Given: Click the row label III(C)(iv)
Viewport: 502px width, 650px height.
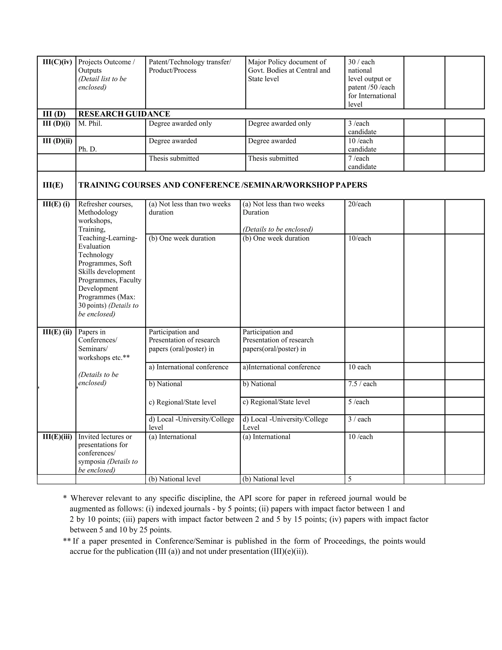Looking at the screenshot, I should [x=57, y=62].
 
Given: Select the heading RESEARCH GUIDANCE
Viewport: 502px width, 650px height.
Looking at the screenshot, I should [x=124, y=114].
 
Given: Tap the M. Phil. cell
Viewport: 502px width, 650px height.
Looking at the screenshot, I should [x=90, y=124].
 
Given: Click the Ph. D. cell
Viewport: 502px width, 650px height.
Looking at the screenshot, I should [x=88, y=149].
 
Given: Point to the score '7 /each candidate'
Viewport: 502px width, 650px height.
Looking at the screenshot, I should [x=362, y=162].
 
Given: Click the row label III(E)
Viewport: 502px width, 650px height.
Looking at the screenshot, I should [x=53, y=185].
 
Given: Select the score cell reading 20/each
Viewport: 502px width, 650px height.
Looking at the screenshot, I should [x=359, y=204].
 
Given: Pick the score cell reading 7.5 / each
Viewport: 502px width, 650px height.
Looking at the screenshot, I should [x=362, y=384].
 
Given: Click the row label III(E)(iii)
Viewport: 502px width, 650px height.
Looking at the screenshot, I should [x=57, y=437].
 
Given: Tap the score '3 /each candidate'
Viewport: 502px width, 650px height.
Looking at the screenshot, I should [x=362, y=128].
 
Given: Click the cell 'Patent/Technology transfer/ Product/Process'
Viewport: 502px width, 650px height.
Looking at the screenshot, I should [x=189, y=66].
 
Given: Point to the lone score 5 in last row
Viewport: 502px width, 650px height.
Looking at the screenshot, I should [x=350, y=479].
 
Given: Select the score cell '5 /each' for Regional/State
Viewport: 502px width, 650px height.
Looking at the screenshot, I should [x=358, y=402].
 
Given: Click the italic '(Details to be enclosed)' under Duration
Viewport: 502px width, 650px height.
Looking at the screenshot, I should [x=277, y=229].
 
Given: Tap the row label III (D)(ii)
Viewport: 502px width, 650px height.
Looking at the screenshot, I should [x=57, y=141].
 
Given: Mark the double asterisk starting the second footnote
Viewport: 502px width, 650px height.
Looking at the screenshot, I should [x=67, y=541].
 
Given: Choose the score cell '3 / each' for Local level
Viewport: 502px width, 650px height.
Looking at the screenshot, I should [x=359, y=419].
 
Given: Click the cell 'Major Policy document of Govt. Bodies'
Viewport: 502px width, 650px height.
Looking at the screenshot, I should [x=289, y=70].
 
